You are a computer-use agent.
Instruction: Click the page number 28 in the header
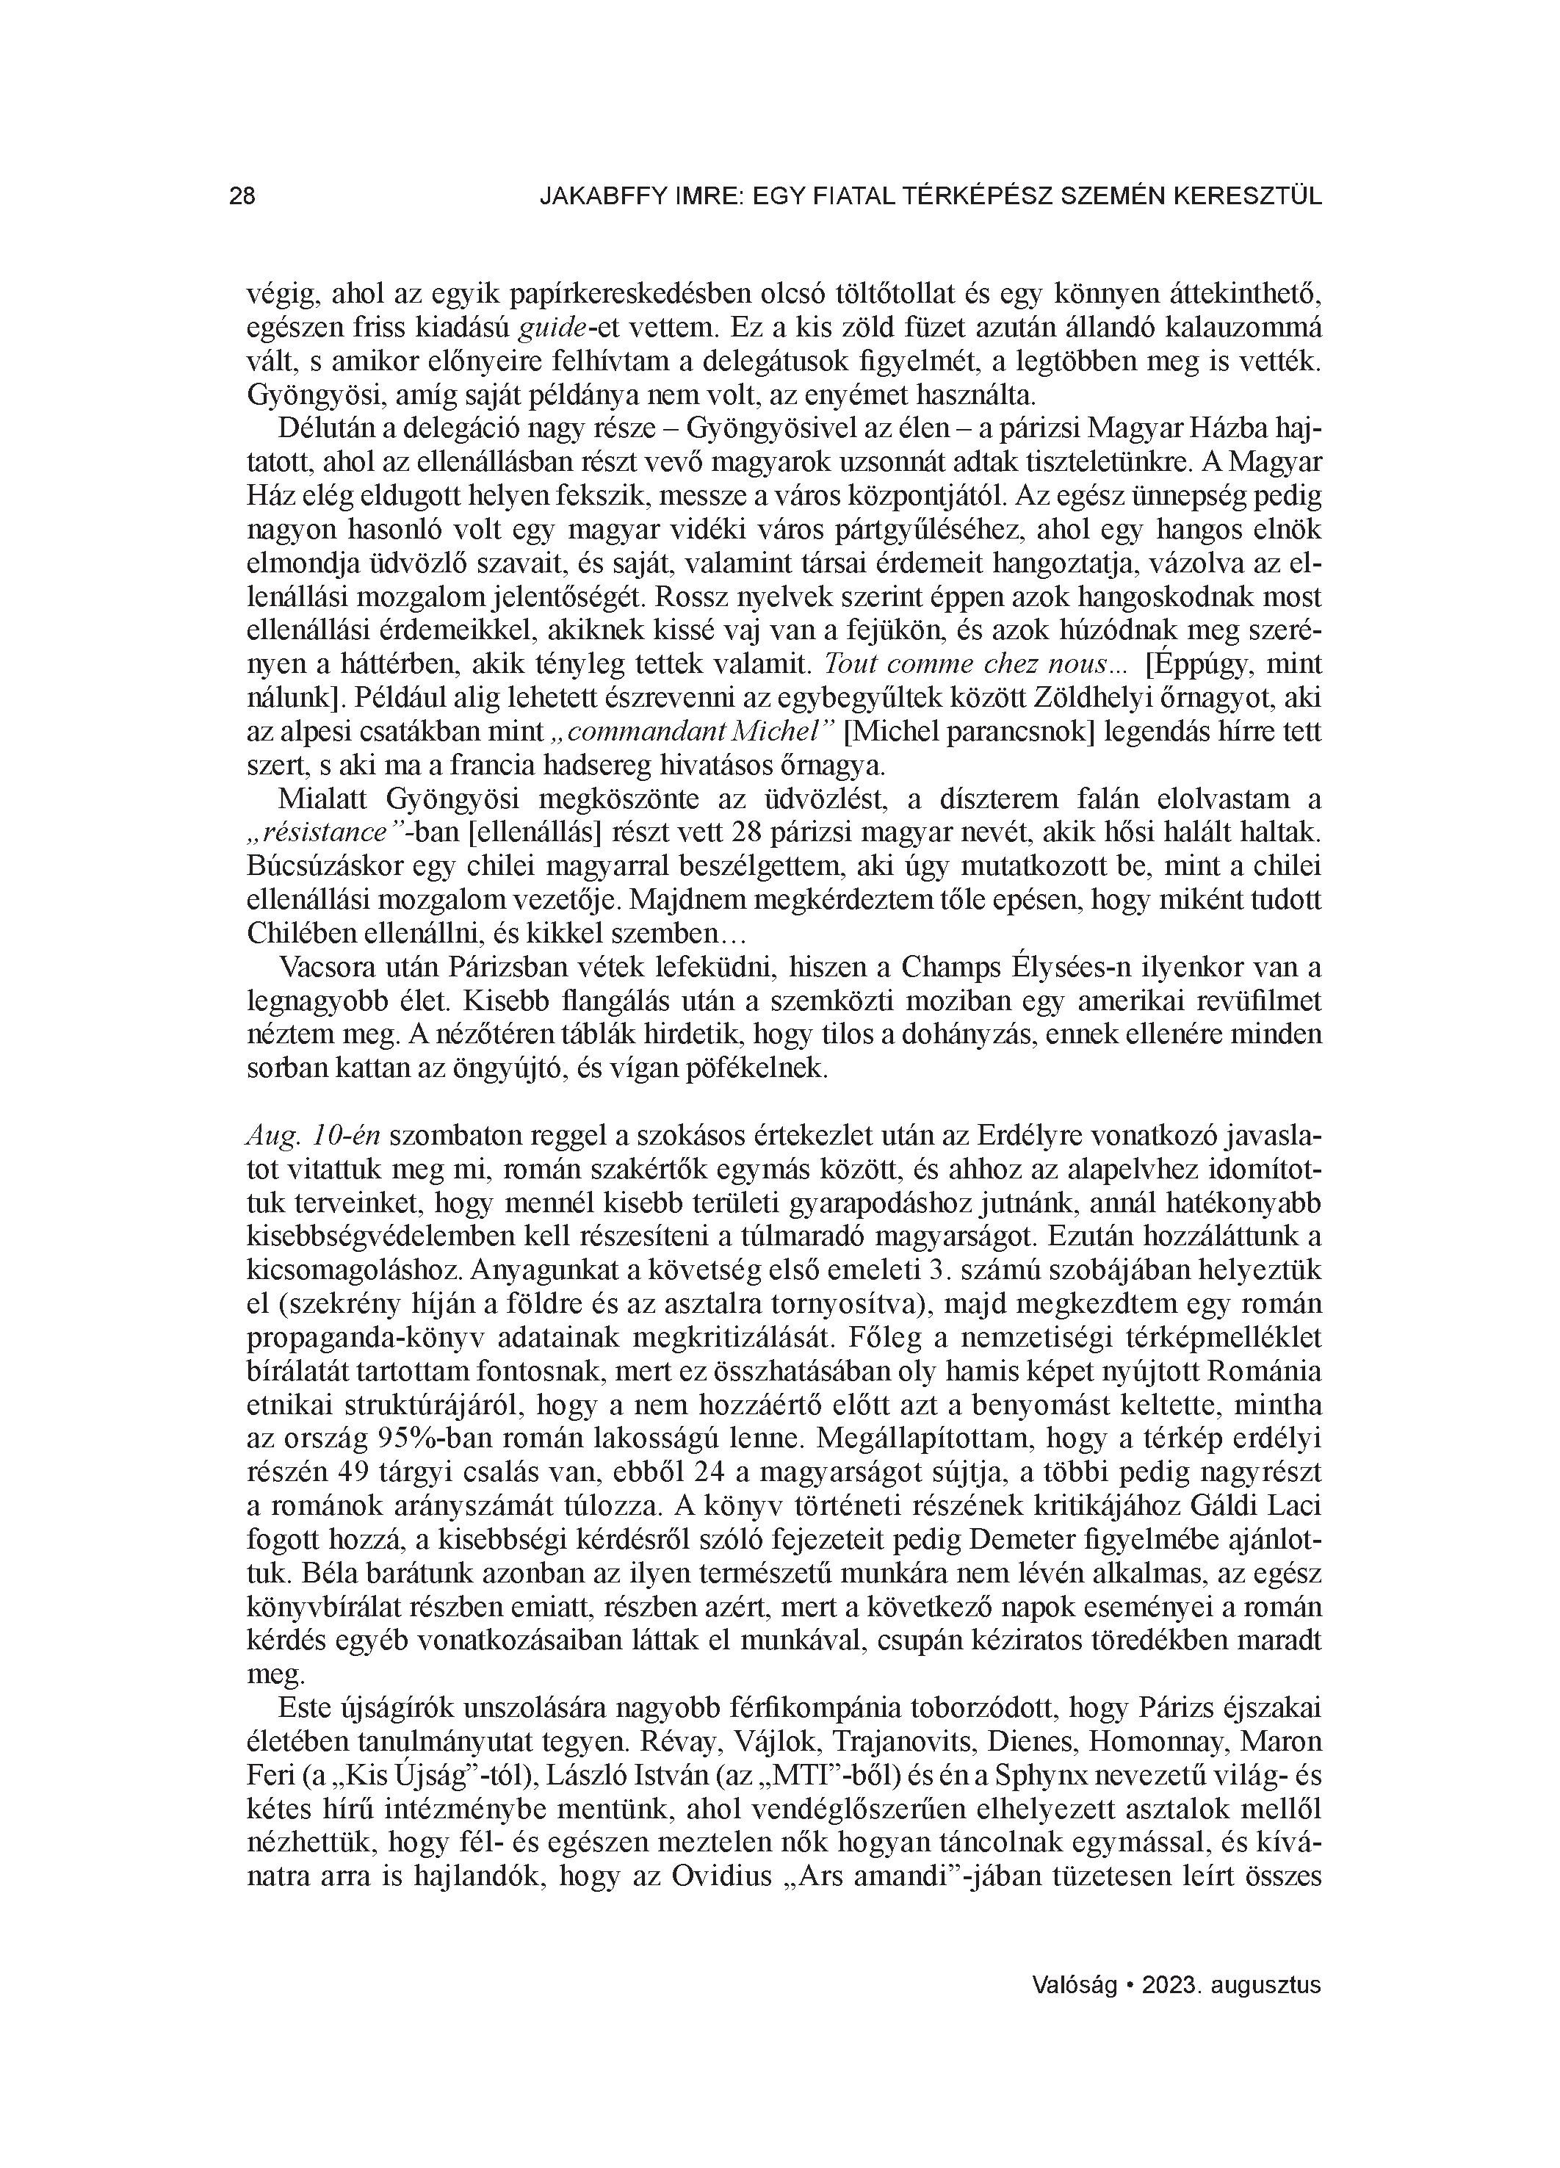pos(242,197)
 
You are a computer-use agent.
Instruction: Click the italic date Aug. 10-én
pos(314,1136)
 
